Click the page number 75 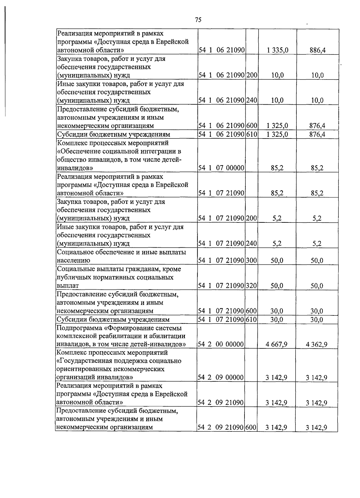pos(198,20)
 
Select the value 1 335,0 pos(277,50)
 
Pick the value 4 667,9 pos(276,344)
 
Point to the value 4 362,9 pos(316,344)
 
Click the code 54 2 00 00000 pos(220,344)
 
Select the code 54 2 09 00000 pos(220,377)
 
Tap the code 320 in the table pos(252,286)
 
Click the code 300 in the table pos(252,261)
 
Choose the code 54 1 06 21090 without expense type pos(221,50)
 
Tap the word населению pos(73,261)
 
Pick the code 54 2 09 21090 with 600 pos(220,428)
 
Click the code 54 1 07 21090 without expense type pos(221,193)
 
